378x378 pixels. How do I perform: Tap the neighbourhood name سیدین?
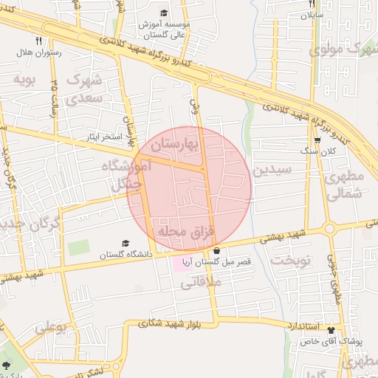(273, 169)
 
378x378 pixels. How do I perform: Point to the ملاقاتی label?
(196, 281)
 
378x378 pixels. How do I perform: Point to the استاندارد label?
(300, 326)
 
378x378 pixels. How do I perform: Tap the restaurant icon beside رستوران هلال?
(38, 41)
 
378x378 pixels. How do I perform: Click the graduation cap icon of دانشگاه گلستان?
(126, 243)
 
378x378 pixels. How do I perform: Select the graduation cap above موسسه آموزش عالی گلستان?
(164, 13)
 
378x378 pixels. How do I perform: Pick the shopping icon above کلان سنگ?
(317, 140)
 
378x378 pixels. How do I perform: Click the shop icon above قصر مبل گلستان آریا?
(216, 251)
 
